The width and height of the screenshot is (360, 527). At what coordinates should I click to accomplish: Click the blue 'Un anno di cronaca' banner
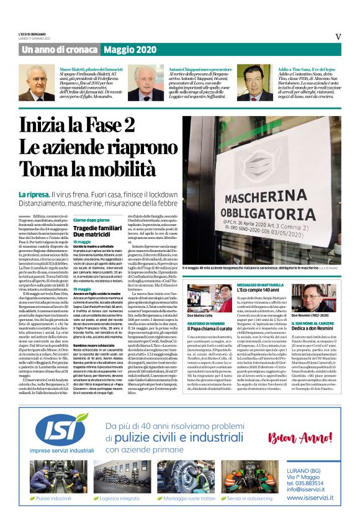click(x=58, y=49)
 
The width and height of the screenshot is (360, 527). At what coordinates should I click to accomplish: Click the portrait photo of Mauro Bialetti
click(x=39, y=83)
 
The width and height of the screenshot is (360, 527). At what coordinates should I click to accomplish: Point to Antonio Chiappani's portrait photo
click(x=145, y=83)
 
